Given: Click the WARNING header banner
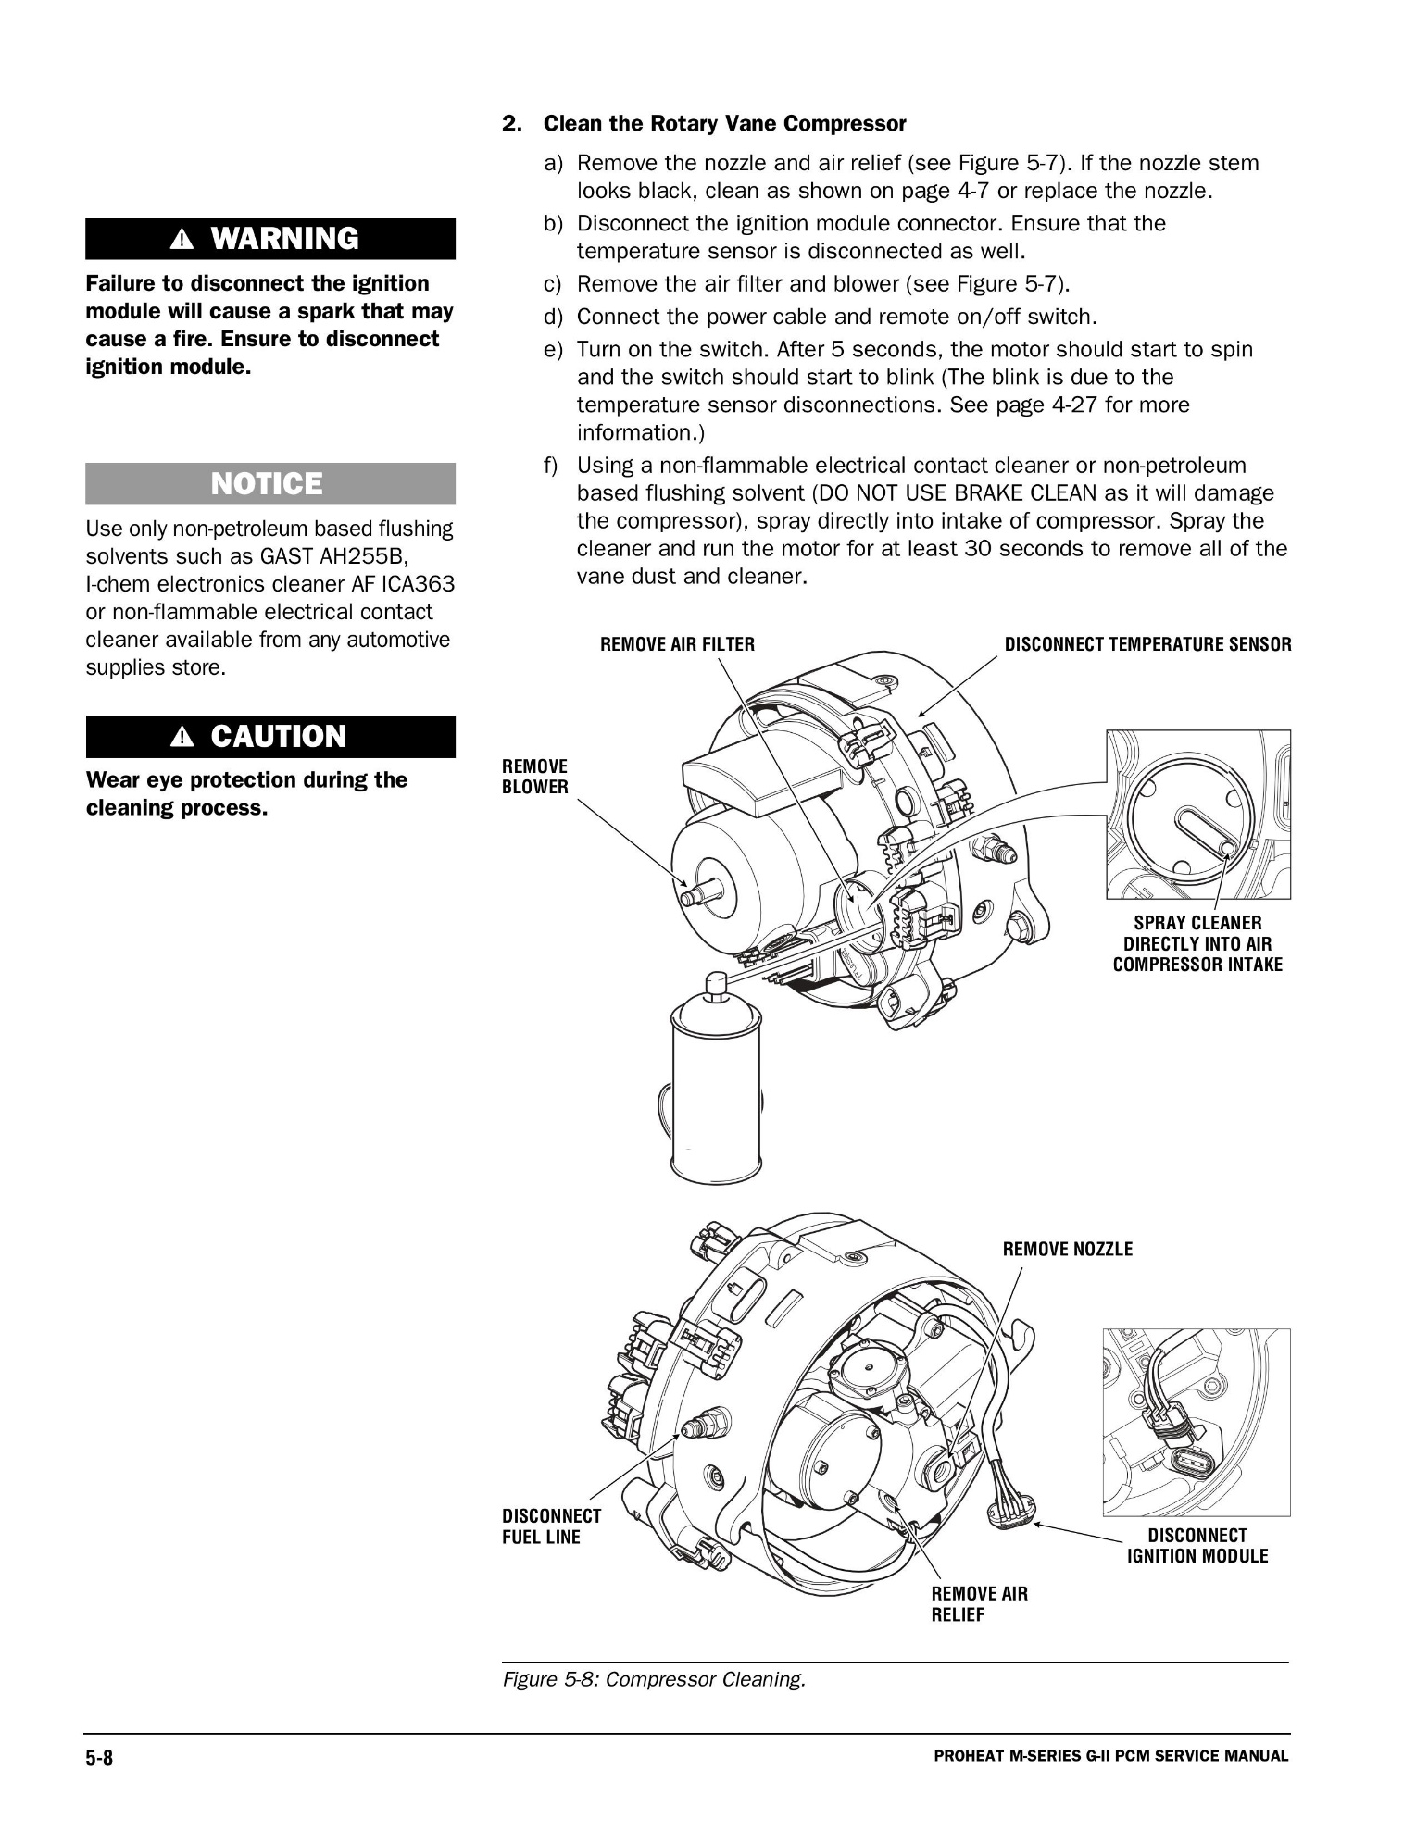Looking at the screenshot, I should click(x=269, y=239).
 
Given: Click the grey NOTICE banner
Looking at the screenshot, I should click(x=269, y=484).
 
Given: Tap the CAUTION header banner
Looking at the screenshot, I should click(x=269, y=737).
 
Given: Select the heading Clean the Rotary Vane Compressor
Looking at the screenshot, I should click(x=724, y=124).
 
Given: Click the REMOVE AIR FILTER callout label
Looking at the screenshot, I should click(x=677, y=644).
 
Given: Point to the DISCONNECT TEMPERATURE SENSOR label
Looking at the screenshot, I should click(x=1147, y=644).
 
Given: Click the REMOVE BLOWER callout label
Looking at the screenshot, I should click(x=534, y=777).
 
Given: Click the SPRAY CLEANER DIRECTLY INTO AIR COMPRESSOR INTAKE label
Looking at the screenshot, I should click(x=1197, y=943).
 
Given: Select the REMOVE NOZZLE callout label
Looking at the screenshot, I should click(x=1067, y=1250).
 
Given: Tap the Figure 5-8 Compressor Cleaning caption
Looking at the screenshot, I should click(x=654, y=1679).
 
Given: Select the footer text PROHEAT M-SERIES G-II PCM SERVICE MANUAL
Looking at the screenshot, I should click(x=1110, y=1756).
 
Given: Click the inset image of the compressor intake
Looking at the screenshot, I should click(x=1197, y=815).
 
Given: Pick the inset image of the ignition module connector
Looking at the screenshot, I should click(x=1196, y=1422).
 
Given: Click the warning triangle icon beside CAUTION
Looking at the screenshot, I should click(x=182, y=738).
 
